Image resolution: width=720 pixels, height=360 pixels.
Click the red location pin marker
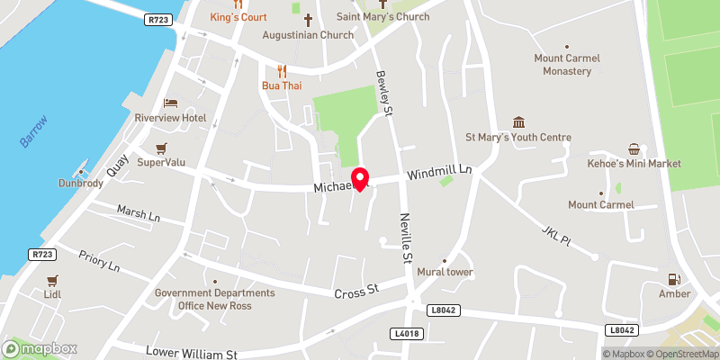[360, 178]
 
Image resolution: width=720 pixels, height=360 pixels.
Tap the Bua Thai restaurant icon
[282, 70]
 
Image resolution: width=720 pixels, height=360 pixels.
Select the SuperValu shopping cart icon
[161, 148]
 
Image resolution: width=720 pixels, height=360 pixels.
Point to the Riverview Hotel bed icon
[170, 103]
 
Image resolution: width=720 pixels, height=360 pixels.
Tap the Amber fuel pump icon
[674, 280]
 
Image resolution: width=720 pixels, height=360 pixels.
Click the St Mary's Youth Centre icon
[518, 122]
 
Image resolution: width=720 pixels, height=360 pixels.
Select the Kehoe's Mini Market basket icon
[634, 148]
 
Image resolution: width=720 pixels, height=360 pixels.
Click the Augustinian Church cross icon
[308, 19]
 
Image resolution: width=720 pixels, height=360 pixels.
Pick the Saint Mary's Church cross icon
[382, 4]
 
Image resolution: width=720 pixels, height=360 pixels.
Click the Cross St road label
[357, 292]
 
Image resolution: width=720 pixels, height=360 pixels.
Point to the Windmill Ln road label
[439, 172]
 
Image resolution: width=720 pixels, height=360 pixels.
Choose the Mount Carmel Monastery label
[567, 65]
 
